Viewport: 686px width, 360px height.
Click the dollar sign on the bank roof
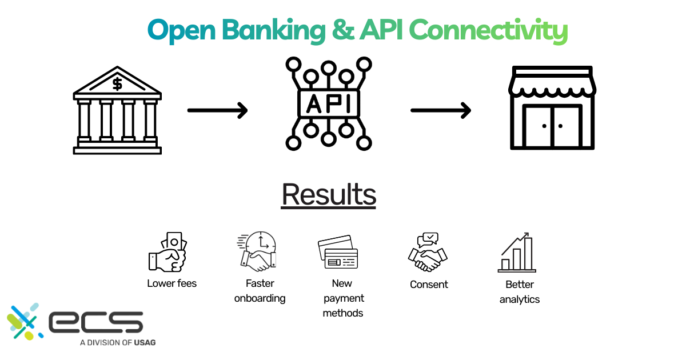coord(117,84)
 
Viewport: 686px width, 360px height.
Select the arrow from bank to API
coord(217,110)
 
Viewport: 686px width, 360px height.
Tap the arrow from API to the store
coord(441,110)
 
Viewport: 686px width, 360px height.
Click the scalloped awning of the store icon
coord(552,86)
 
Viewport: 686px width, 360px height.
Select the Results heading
coord(329,194)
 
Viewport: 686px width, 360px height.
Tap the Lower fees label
coord(171,283)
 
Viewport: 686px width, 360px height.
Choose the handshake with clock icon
coord(257,251)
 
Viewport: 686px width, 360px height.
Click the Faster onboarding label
coord(260,291)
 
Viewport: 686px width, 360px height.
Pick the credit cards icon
coord(338,253)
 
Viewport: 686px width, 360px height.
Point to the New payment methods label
coord(342,298)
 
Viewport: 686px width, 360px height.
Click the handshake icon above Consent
coord(428,252)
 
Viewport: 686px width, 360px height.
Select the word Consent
coord(429,285)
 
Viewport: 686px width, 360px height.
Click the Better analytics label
coord(519,291)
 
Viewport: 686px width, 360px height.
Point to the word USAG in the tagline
coord(144,343)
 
